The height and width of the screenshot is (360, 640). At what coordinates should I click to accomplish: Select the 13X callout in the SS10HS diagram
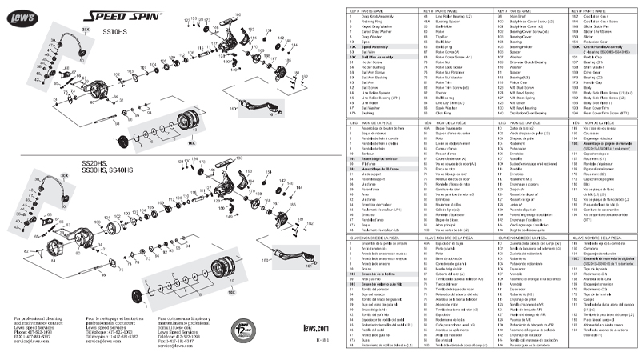[191, 142]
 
